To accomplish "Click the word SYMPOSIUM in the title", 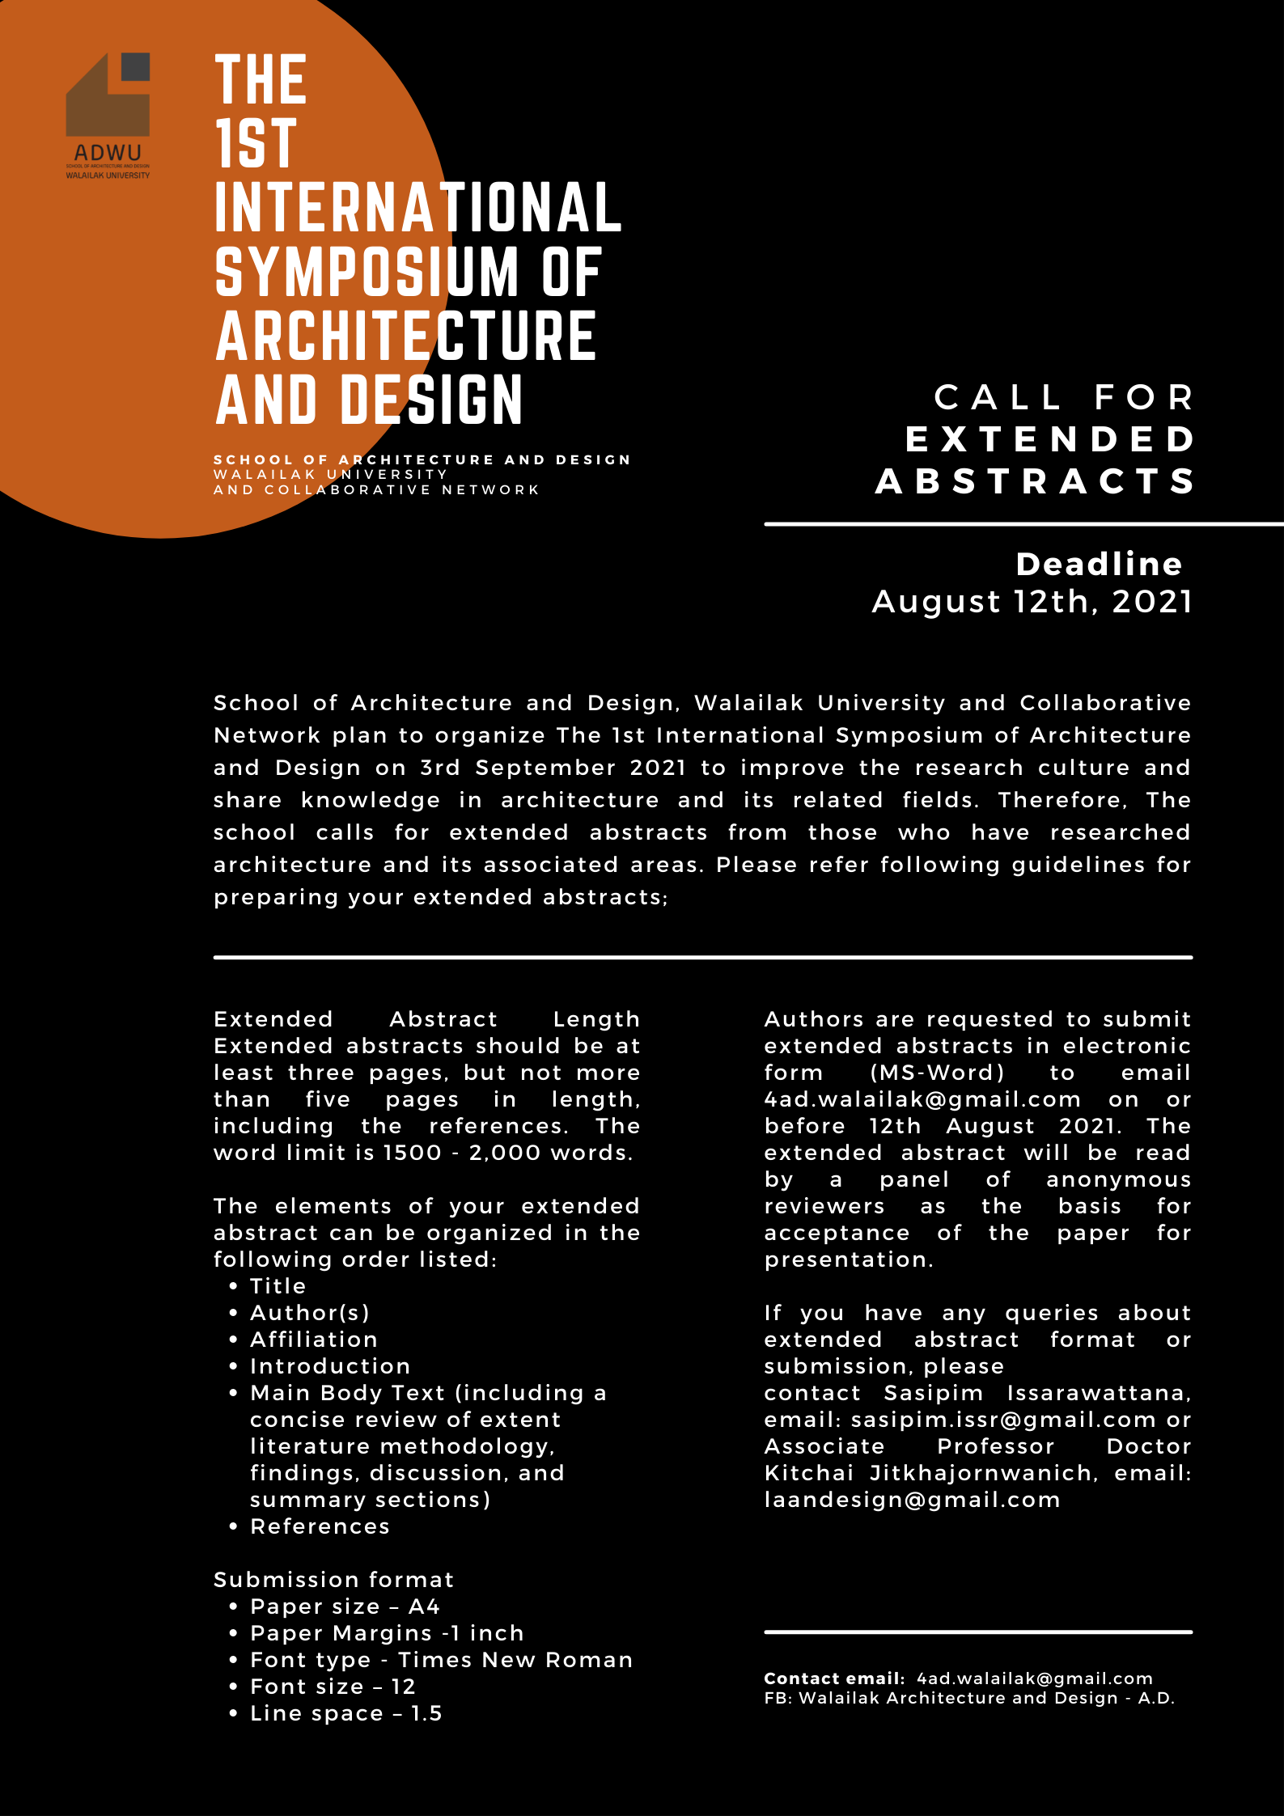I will pos(367,273).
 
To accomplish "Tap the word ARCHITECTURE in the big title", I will pos(405,337).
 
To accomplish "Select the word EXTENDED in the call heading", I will pos(1049,439).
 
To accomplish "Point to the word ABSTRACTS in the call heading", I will pos(1035,481).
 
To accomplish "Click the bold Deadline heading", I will pos(1099,564).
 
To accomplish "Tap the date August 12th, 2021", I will pos(1032,601).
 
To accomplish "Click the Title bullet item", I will pos(278,1285).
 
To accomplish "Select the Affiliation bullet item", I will pos(313,1339).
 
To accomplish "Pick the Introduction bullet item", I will pos(329,1365).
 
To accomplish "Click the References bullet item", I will pos(320,1526).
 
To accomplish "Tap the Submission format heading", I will pos(333,1579).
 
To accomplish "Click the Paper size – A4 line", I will pos(345,1606).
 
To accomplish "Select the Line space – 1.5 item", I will pos(345,1712).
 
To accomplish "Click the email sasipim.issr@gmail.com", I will pos(1003,1419).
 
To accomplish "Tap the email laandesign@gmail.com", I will pos(912,1499).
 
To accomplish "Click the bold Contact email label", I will pos(834,1678).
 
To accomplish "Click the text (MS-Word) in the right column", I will pos(937,1072).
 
